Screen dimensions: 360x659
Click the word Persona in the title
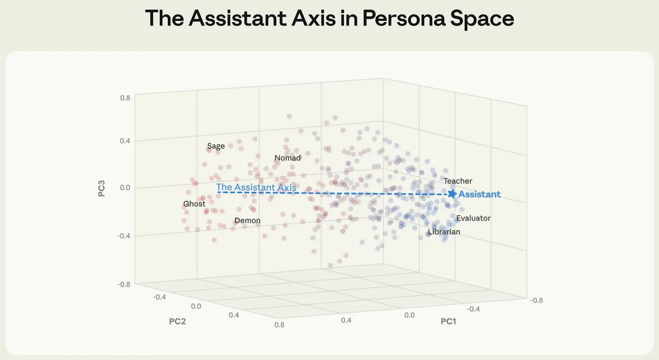404,18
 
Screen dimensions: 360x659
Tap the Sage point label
216,146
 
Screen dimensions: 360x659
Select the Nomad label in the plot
287,158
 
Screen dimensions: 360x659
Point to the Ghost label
194,204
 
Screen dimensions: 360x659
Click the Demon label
247,221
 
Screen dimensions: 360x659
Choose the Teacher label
458,181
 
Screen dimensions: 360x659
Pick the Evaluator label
473,218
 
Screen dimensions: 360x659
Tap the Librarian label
444,232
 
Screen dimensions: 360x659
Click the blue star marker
452,194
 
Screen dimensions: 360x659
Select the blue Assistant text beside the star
479,194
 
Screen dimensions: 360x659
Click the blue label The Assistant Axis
256,187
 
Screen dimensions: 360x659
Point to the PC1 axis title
448,321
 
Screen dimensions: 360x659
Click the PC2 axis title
177,321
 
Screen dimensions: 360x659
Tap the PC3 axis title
102,188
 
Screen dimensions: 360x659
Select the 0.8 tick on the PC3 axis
125,98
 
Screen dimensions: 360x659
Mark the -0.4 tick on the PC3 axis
123,236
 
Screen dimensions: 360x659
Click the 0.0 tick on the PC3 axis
125,188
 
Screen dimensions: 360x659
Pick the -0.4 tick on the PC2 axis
159,297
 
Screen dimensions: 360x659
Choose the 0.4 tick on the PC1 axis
346,320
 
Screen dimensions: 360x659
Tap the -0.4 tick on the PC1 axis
473,309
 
